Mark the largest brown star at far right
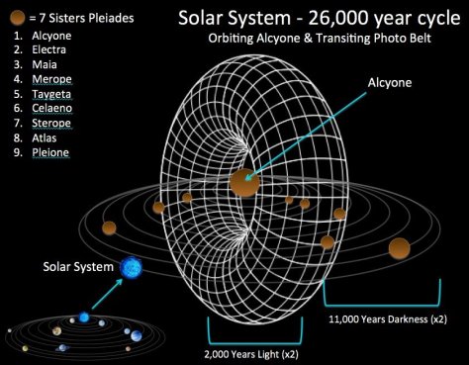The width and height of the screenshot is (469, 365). click(400, 247)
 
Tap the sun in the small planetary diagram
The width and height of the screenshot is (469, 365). click(84, 318)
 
